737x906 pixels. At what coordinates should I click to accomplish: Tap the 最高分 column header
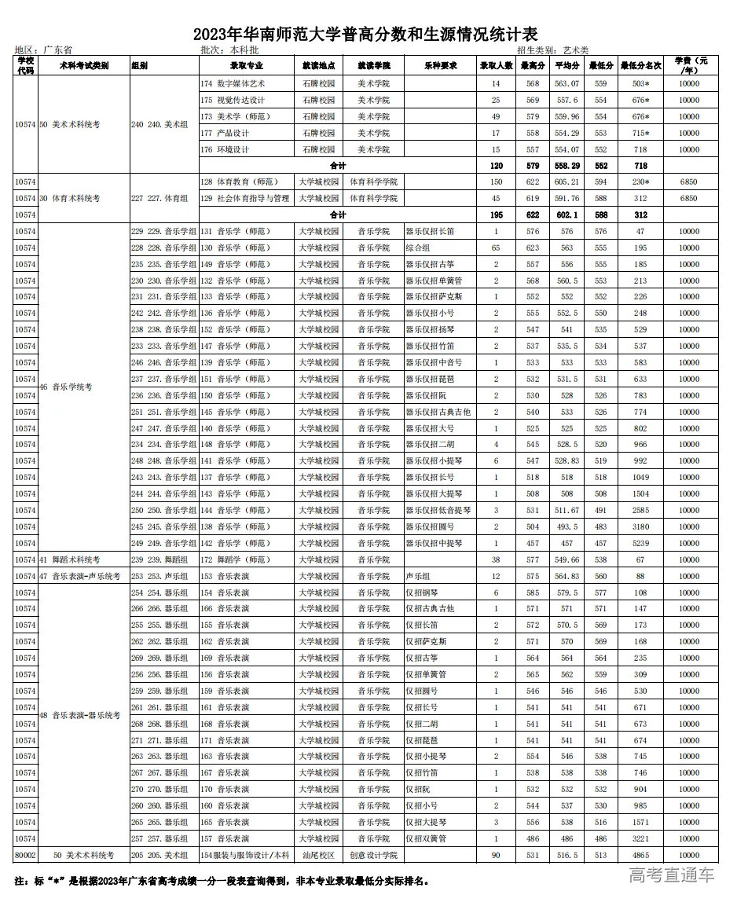click(x=533, y=65)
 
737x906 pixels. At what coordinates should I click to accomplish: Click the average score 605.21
click(x=566, y=182)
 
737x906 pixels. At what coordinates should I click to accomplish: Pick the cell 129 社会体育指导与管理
click(x=245, y=199)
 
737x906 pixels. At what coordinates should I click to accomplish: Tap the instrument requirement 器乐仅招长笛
click(x=431, y=232)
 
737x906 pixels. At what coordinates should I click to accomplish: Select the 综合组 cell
click(x=418, y=248)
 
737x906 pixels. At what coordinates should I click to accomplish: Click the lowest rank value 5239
click(x=640, y=544)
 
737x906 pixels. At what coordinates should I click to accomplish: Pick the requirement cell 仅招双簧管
click(x=426, y=839)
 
